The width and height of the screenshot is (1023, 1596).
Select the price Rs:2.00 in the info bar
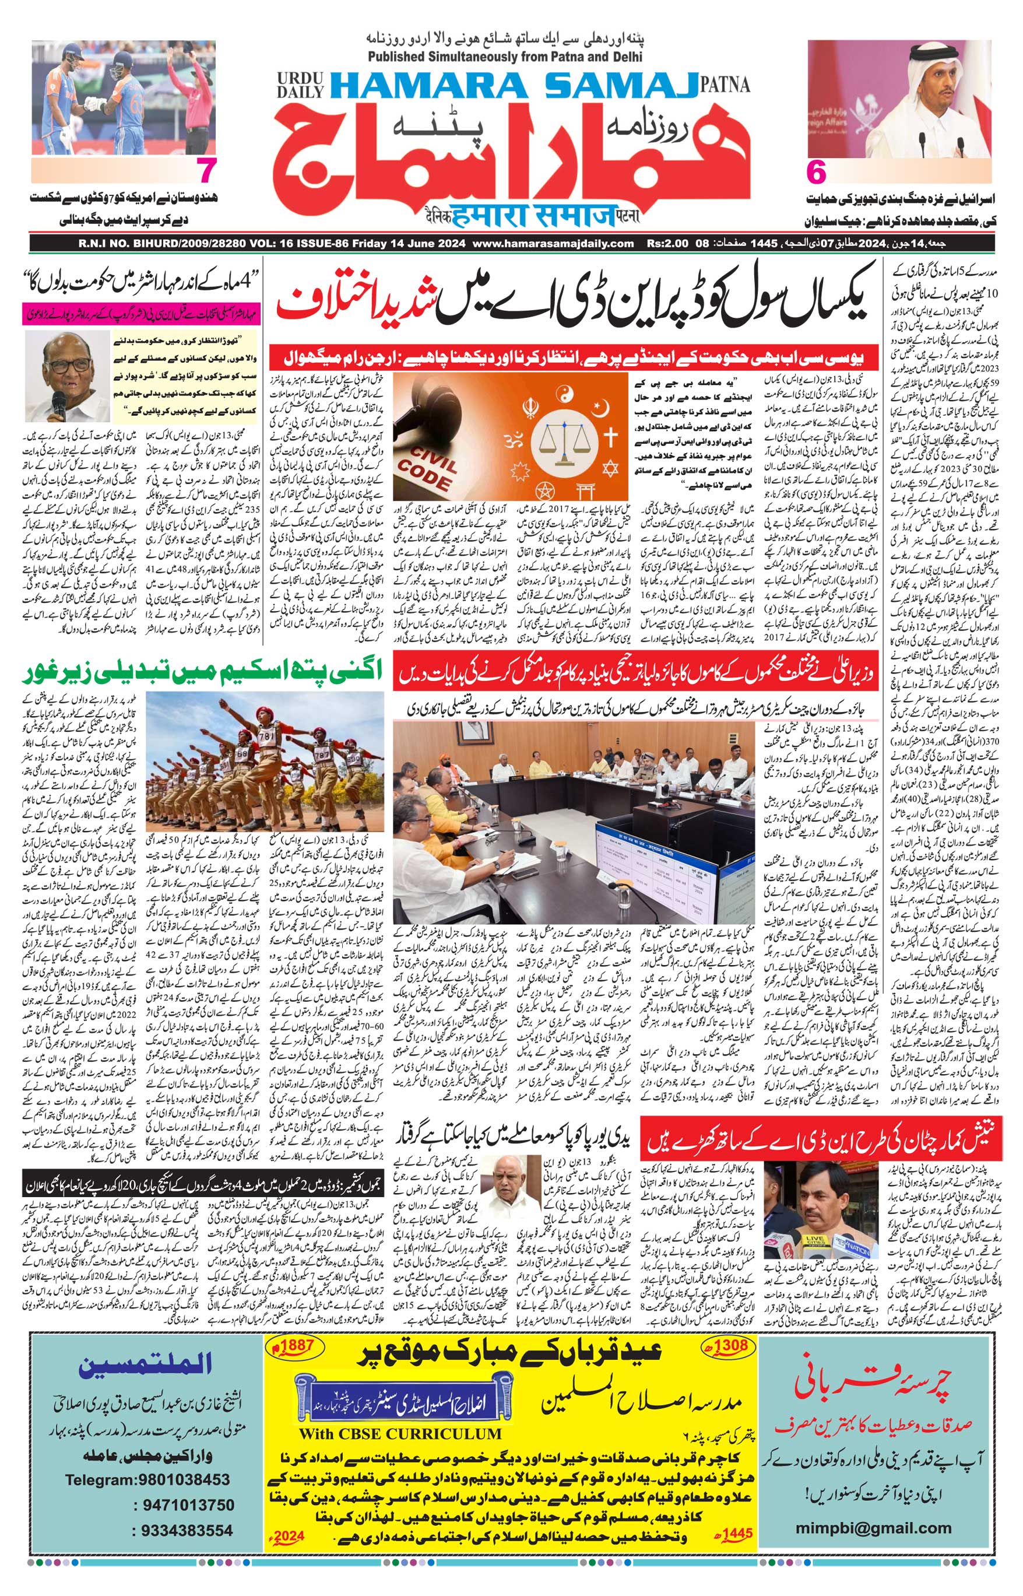click(x=666, y=244)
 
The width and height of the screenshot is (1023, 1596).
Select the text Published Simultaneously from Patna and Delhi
click(x=505, y=57)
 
